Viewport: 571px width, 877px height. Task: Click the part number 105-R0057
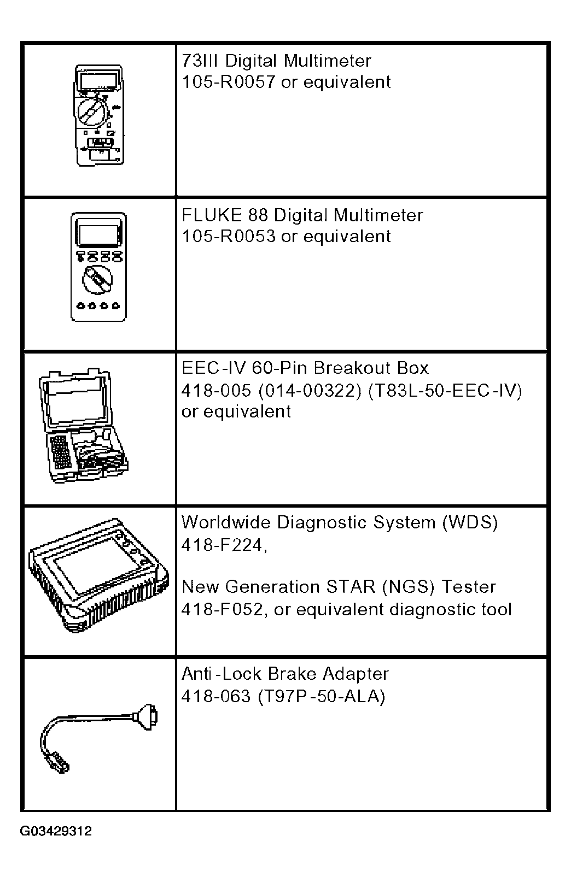coord(229,82)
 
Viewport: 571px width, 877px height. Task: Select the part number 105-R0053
coord(229,237)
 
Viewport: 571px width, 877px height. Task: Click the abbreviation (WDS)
coord(470,522)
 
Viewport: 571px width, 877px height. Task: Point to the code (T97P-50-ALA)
coord(322,697)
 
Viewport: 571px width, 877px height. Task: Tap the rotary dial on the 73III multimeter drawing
coord(92,110)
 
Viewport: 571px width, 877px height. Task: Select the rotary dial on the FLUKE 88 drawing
coord(97,280)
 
